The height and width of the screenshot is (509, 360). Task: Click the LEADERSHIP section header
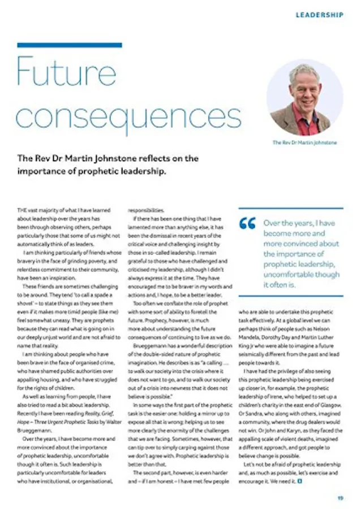(x=319, y=15)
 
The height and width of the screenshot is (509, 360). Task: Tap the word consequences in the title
(x=129, y=115)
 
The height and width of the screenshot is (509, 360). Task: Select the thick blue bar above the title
(x=70, y=45)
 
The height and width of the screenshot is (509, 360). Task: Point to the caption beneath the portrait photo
(x=305, y=143)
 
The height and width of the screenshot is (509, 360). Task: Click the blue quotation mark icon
(x=247, y=224)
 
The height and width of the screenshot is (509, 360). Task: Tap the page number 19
(x=340, y=498)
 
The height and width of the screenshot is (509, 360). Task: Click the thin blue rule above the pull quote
(x=290, y=209)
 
